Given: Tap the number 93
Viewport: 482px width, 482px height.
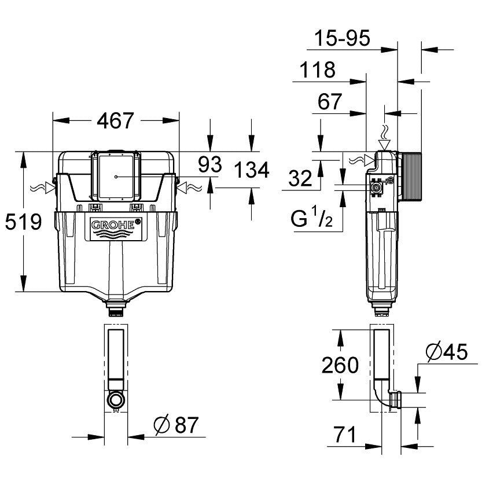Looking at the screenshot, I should [x=209, y=165].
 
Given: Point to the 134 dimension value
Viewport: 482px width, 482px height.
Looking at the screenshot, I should [x=252, y=170].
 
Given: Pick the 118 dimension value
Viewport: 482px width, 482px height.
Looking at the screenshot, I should [x=318, y=70].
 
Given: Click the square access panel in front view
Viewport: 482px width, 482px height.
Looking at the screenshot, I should [x=117, y=175].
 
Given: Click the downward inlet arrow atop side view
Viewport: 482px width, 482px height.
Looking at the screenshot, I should [x=382, y=142].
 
